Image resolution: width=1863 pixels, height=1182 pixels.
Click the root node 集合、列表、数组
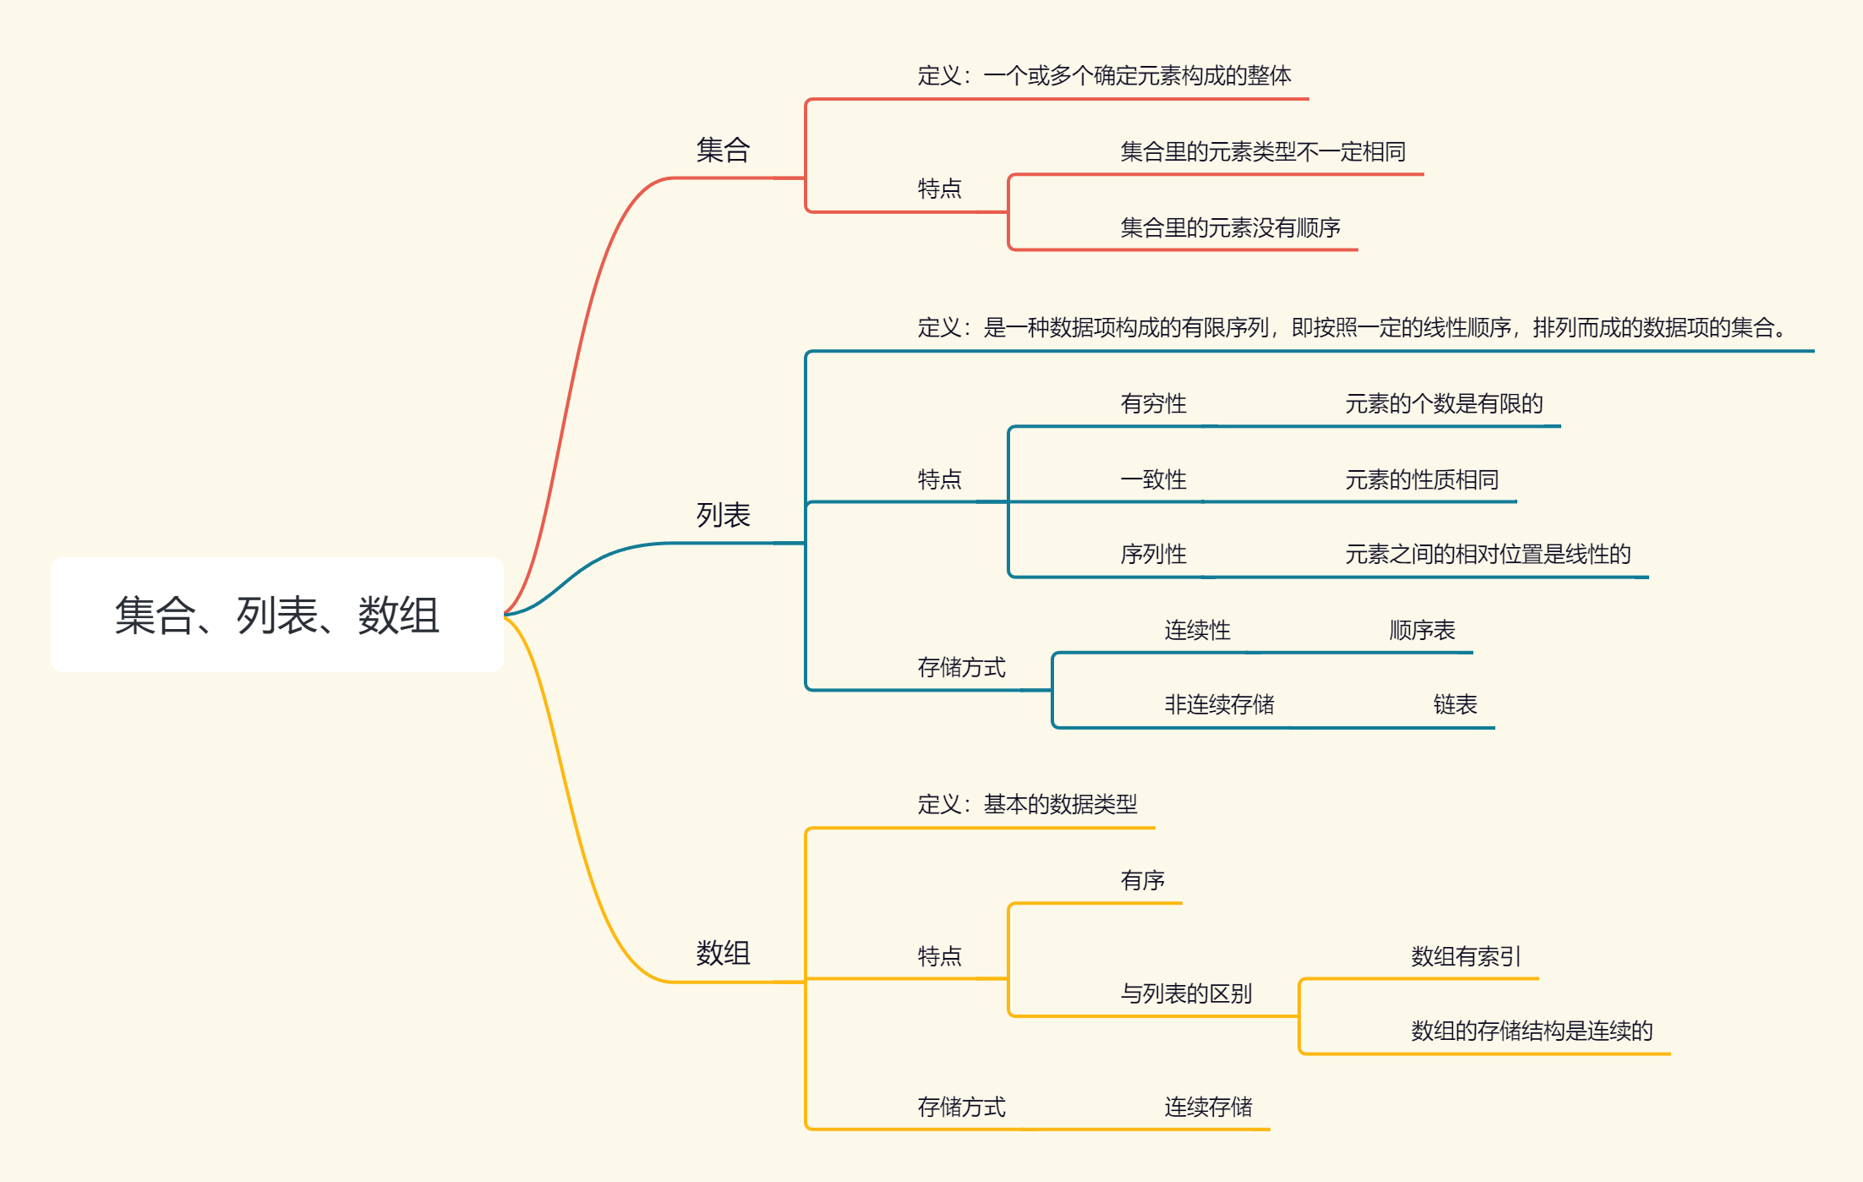(x=277, y=615)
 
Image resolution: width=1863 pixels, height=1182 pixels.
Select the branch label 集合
(x=723, y=150)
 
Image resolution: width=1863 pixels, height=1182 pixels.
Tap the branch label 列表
(x=723, y=515)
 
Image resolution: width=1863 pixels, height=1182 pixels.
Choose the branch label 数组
(x=723, y=953)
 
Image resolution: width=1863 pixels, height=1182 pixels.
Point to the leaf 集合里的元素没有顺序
(x=1230, y=227)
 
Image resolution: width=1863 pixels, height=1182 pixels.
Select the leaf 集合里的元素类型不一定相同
(x=1263, y=152)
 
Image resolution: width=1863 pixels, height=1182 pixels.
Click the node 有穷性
(x=1153, y=404)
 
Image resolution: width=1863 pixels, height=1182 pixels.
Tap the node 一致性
(x=1153, y=480)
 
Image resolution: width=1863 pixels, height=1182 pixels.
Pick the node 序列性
(x=1153, y=555)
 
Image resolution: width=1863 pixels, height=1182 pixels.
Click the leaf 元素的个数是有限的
(x=1444, y=404)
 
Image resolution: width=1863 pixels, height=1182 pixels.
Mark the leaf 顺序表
(x=1422, y=631)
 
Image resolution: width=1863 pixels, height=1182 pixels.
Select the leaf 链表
(x=1455, y=705)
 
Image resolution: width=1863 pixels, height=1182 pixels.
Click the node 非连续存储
(x=1219, y=705)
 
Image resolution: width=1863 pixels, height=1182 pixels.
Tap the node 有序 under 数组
(x=1142, y=881)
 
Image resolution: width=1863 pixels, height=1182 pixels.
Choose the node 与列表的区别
(x=1186, y=994)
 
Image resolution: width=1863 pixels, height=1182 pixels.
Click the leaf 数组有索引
(x=1466, y=957)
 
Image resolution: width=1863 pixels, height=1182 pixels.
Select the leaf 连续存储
(x=1208, y=1108)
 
